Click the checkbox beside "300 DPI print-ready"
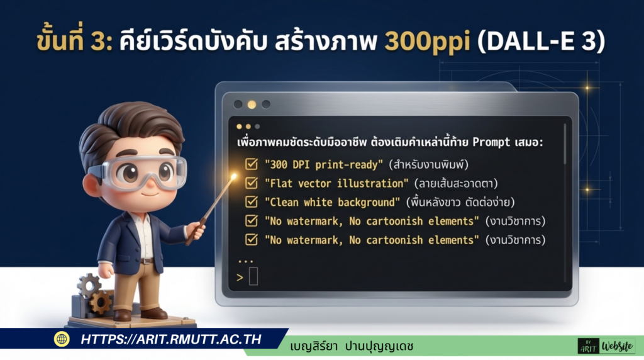pos(251,164)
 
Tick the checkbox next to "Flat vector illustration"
pos(251,183)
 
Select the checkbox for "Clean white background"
pos(251,202)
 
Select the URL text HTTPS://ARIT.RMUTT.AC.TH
pos(170,339)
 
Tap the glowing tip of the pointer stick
pos(234,177)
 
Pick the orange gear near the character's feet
pos(99,302)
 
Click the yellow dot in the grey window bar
pos(252,104)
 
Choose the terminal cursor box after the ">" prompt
pos(253,276)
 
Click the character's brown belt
pos(147,260)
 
